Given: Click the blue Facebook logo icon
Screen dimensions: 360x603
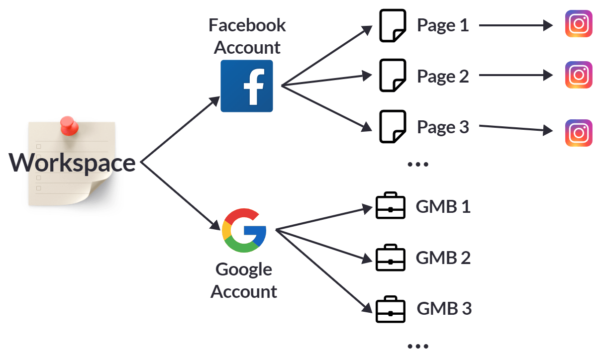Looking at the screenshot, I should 247,86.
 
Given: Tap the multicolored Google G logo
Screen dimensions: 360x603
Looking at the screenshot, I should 244,231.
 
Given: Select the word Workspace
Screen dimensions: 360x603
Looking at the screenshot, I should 73,163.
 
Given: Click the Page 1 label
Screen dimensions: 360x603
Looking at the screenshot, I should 443,25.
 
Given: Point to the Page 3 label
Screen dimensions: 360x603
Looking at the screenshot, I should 443,127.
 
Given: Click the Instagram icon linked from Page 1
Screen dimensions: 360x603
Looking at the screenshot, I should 579,24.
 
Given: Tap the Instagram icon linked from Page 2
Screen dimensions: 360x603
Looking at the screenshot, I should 579,75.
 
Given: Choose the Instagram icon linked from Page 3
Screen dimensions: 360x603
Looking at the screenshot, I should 579,133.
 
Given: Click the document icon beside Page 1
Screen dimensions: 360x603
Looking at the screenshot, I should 393,25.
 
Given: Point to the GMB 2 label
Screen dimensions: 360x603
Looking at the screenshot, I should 443,258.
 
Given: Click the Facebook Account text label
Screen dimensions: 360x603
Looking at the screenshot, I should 247,36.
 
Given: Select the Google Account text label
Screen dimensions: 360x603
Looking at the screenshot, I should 244,280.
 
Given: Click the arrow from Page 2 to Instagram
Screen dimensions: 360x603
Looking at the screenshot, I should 515,76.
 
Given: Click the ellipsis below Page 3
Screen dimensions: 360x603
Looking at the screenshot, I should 418,165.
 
